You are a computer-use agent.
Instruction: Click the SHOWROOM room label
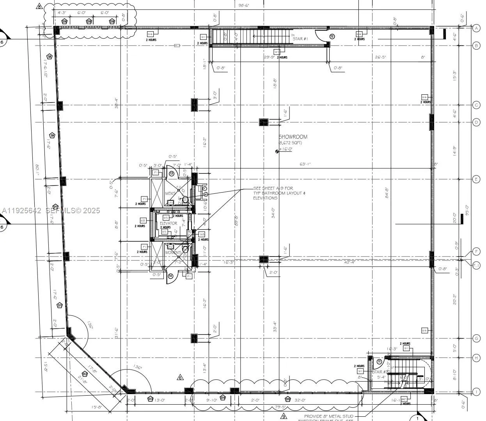click(293, 137)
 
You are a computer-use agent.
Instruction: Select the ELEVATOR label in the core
click(169, 223)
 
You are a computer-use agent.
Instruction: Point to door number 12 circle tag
click(332, 36)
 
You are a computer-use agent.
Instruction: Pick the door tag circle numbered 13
click(171, 173)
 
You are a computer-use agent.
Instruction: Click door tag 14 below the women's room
click(170, 276)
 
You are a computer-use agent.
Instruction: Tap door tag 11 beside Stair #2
click(379, 362)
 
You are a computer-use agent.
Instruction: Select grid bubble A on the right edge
click(476, 28)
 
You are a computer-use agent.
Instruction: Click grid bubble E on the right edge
click(476, 179)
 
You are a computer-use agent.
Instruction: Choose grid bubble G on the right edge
click(476, 338)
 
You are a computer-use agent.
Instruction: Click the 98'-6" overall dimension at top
click(245, 5)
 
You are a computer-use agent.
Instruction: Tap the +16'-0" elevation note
click(286, 149)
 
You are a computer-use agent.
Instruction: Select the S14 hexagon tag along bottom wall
click(223, 398)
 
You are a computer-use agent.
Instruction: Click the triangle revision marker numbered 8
click(39, 6)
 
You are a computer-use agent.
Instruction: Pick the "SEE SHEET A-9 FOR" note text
click(273, 188)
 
